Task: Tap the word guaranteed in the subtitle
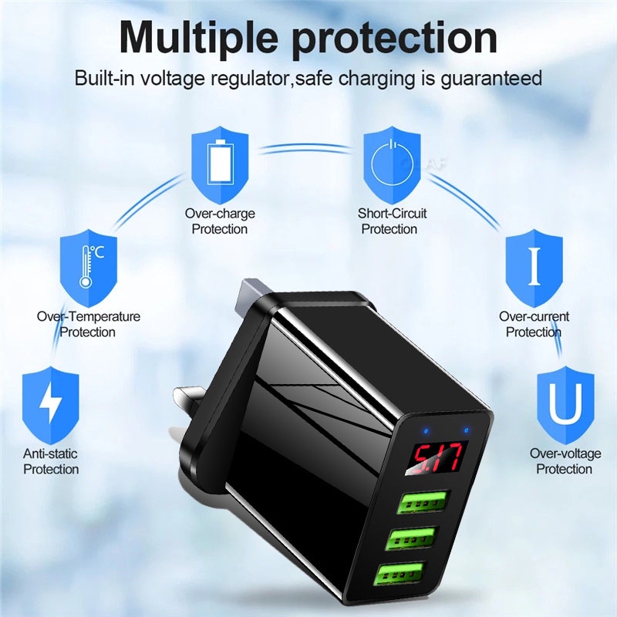tap(491, 78)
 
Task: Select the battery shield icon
tap(220, 165)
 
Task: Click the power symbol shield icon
tap(392, 165)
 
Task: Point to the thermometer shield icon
tap(89, 268)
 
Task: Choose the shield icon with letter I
tap(534, 268)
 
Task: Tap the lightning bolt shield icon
tap(51, 406)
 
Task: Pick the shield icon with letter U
tap(566, 406)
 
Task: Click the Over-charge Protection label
tap(220, 221)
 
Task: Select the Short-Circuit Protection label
tap(392, 221)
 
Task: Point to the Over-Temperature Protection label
tap(89, 324)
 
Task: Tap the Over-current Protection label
tap(534, 324)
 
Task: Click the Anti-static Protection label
tap(51, 461)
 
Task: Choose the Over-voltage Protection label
tap(565, 461)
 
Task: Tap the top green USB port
tap(424, 502)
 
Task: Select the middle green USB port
tap(412, 538)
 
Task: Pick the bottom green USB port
tap(400, 574)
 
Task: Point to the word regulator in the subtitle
tap(250, 78)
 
